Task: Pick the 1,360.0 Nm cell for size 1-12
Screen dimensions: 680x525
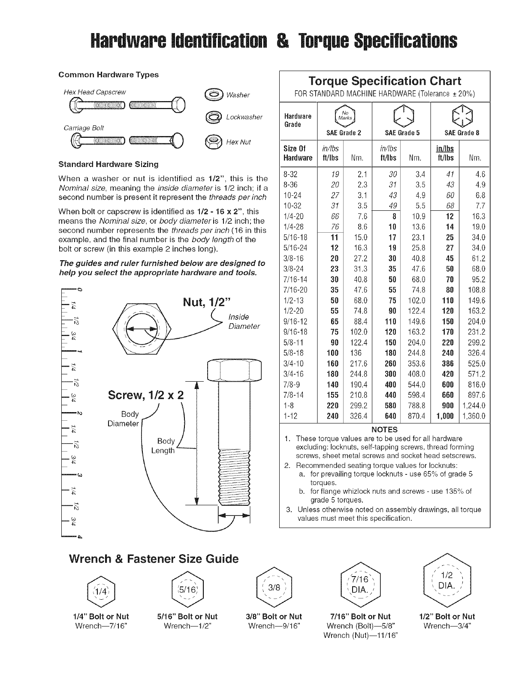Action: click(x=474, y=416)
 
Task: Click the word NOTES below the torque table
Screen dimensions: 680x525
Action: click(x=384, y=430)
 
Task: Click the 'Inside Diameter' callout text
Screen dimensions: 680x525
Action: click(x=244, y=322)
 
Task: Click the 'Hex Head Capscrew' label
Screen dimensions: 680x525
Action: click(x=94, y=92)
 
